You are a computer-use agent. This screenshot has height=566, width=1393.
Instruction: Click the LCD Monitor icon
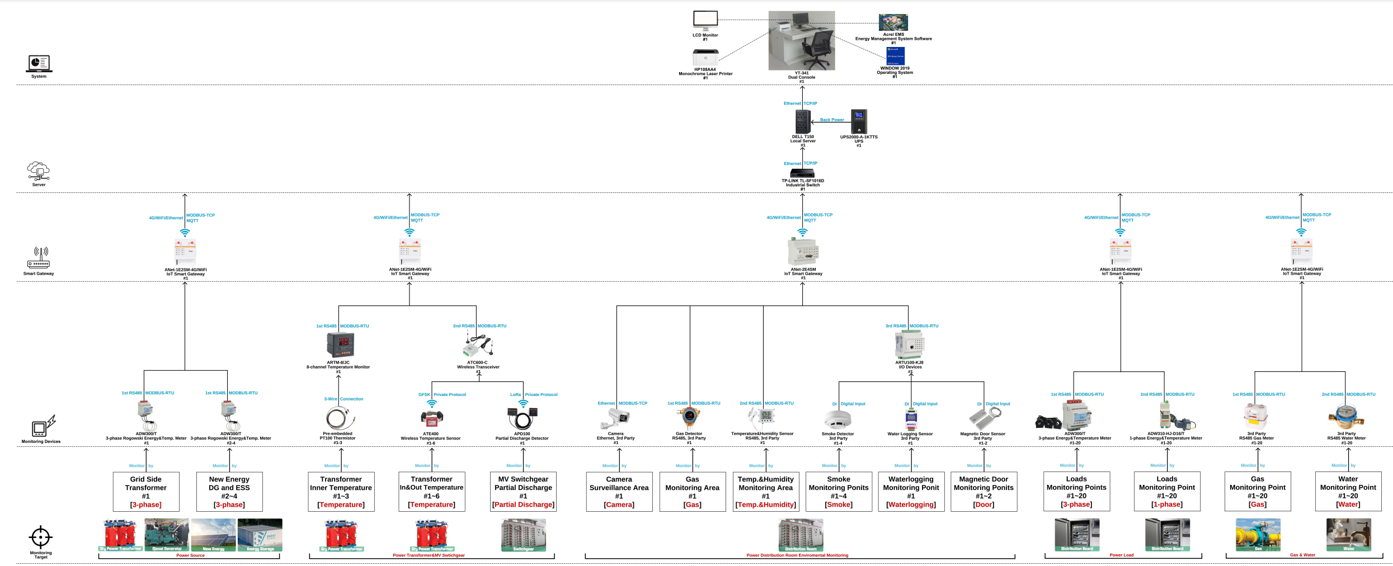705,21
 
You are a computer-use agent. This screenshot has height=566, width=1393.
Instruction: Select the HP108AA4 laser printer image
705,57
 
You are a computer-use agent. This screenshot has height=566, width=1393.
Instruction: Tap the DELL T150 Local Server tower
803,121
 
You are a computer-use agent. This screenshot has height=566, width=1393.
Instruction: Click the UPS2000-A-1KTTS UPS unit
859,121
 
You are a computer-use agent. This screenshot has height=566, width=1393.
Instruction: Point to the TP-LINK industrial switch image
803,174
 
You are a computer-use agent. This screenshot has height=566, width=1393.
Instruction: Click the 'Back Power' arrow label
832,120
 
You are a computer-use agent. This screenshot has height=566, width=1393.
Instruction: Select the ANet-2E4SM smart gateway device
803,252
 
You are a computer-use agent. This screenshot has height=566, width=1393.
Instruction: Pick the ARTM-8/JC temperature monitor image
340,345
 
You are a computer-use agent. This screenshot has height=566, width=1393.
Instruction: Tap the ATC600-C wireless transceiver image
478,345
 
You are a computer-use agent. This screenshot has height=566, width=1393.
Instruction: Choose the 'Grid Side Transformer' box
146,492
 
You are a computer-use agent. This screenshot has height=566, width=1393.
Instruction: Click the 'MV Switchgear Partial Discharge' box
523,492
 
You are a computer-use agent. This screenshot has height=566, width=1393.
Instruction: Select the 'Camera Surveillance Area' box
619,492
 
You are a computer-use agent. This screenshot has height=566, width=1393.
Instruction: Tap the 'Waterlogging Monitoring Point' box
911,492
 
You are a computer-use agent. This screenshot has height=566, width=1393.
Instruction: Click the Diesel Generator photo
167,534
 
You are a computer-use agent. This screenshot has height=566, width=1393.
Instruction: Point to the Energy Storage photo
260,534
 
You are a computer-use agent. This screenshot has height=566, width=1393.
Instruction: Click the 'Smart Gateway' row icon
39,258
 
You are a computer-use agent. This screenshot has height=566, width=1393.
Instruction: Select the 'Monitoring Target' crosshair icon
40,537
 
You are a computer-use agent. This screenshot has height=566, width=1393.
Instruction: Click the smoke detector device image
837,419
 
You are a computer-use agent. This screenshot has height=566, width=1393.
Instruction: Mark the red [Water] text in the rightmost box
1348,504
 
